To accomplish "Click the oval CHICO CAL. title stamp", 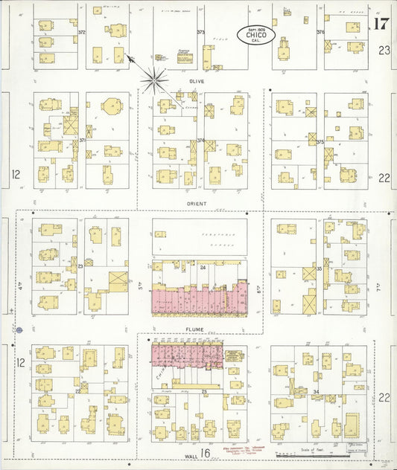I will click(256, 34).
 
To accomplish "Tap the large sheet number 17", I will click(381, 23).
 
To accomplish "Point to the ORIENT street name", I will click(197, 202).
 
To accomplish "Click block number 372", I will click(82, 33).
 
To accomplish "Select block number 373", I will click(200, 33).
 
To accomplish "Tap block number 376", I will click(320, 33).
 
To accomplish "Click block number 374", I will click(200, 141).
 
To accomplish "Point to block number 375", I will click(320, 141).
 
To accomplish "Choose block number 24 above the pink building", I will click(203, 265).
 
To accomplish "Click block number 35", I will click(319, 267).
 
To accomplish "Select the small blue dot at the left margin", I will click(20, 329).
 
